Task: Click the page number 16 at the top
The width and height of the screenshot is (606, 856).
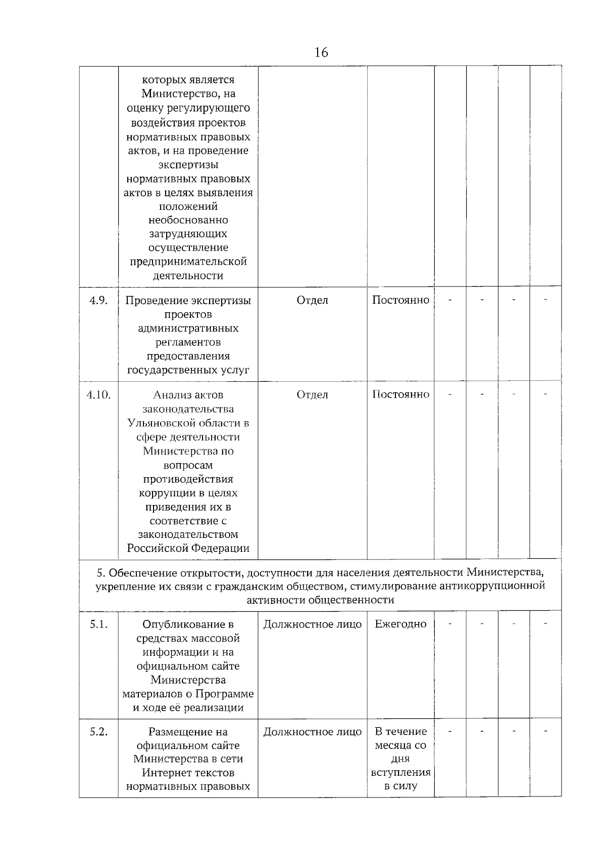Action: (321, 52)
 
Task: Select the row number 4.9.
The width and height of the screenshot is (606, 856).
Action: (98, 301)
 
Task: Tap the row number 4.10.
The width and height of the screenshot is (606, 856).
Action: (98, 395)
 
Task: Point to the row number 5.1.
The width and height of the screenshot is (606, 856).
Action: (98, 624)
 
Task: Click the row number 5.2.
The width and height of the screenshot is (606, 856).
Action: (98, 732)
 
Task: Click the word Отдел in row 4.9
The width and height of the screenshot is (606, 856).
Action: (312, 301)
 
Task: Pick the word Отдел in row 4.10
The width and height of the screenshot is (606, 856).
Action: (312, 395)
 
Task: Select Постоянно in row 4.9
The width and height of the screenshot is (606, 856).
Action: (400, 300)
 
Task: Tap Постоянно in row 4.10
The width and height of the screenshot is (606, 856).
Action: (400, 394)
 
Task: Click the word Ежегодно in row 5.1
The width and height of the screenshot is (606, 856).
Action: (400, 624)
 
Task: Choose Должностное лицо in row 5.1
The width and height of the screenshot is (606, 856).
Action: (312, 624)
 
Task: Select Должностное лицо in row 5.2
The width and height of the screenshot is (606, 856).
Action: (312, 732)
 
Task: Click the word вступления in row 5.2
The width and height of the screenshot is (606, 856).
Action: (400, 773)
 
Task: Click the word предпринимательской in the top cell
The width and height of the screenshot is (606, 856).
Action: (188, 262)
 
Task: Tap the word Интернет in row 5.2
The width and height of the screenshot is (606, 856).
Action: (163, 773)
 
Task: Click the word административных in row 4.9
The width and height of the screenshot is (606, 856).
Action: (188, 329)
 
